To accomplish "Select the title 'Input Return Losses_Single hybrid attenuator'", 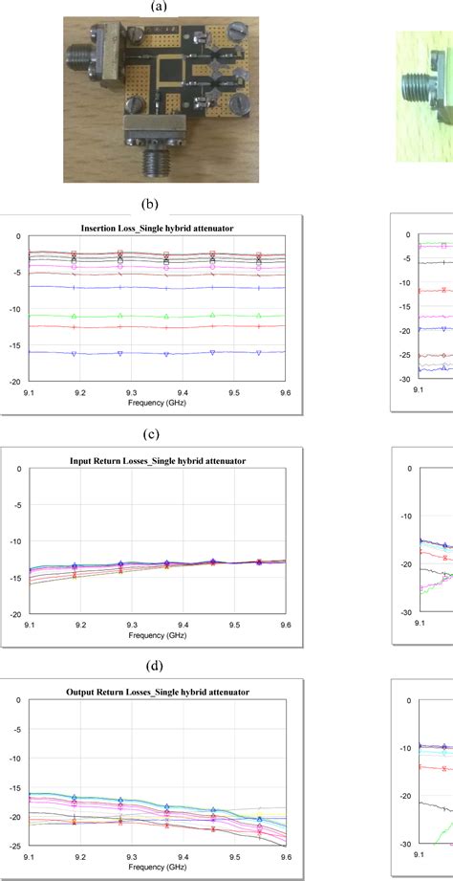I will tap(158, 461).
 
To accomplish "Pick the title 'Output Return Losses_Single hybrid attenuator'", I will tap(158, 692).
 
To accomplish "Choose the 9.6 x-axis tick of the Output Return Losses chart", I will tap(285, 857).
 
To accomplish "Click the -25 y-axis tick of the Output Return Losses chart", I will tap(13, 845).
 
